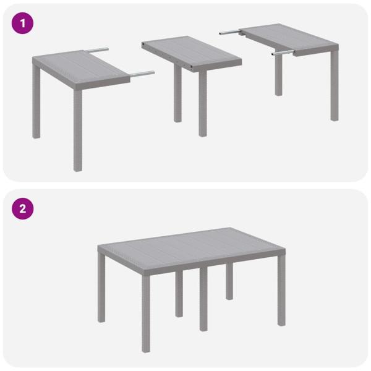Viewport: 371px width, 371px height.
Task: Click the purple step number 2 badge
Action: [x=23, y=208]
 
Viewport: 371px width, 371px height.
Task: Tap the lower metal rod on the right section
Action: [x=282, y=54]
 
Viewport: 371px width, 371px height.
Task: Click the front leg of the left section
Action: [x=77, y=130]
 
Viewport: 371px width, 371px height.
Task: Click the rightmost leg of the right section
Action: [x=334, y=87]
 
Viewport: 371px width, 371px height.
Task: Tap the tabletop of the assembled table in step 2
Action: [x=192, y=244]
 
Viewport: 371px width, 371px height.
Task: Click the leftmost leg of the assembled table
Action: [x=101, y=291]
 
